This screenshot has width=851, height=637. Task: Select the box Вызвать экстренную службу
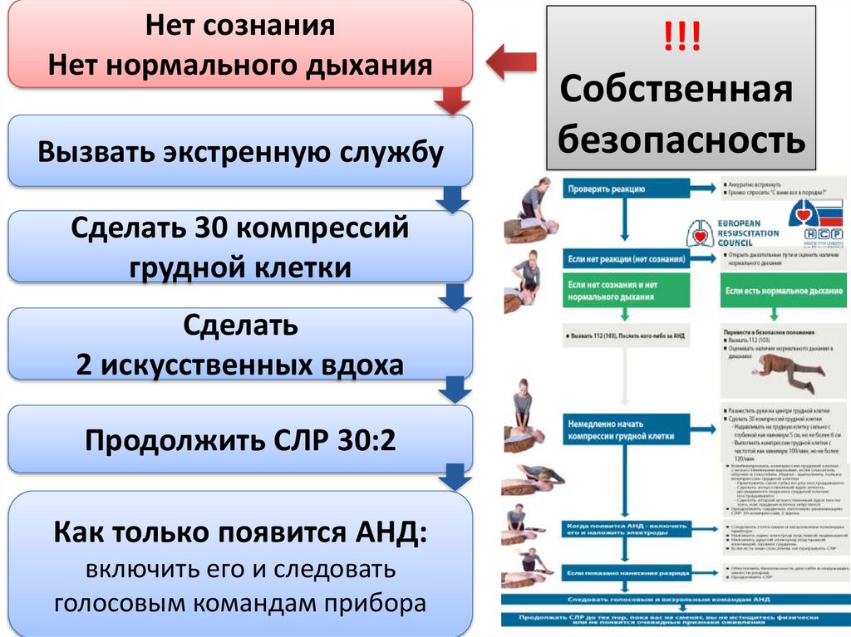pos(241,151)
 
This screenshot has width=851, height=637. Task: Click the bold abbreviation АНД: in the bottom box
pos(389,533)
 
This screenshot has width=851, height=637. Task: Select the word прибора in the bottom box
pos(383,603)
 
